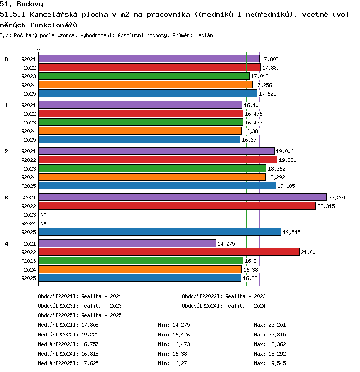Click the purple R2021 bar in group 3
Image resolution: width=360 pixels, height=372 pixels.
point(183,197)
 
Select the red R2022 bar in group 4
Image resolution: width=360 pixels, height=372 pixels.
point(169,252)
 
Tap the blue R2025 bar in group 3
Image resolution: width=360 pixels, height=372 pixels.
point(160,232)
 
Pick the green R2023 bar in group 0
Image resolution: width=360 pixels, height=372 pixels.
point(144,76)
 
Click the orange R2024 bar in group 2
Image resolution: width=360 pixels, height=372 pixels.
point(152,177)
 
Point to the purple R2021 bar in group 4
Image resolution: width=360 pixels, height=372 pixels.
point(127,243)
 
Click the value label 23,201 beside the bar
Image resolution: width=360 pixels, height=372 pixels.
point(337,198)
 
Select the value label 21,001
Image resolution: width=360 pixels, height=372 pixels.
point(310,252)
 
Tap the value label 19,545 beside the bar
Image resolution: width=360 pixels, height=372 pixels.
point(291,232)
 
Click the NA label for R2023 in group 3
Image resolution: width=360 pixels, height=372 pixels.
point(43,215)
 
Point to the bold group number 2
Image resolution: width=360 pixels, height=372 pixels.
point(6,151)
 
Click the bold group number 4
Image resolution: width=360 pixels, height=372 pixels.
point(6,244)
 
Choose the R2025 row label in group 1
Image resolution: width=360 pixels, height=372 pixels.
point(28,140)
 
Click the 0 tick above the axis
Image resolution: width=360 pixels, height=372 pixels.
point(38,50)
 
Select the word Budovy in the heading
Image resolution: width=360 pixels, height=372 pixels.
point(30,4)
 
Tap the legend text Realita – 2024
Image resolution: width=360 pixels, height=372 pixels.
point(245,306)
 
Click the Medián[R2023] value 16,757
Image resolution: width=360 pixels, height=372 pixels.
point(90,344)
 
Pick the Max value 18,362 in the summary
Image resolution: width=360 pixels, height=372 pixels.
point(277,344)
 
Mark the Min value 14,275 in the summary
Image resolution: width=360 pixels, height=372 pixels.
point(181,325)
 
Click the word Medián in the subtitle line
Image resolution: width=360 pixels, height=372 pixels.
point(204,36)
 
